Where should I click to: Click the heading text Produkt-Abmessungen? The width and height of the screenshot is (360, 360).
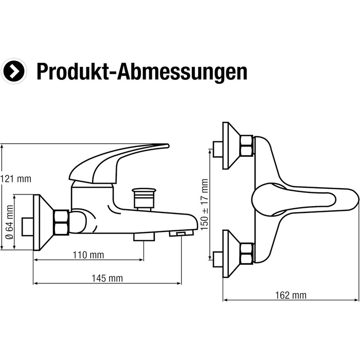pyautogui.click(x=141, y=72)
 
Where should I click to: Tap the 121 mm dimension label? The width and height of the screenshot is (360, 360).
pyautogui.click(x=16, y=179)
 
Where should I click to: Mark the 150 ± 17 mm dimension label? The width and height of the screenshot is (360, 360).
pyautogui.click(x=205, y=204)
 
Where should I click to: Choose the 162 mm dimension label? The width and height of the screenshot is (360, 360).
pyautogui.click(x=291, y=295)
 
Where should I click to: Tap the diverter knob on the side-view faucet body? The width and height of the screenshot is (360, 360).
pyautogui.click(x=144, y=197)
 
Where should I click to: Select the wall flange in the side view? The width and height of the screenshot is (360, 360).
pyautogui.click(x=43, y=222)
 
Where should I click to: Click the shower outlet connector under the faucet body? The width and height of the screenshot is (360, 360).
pyautogui.click(x=144, y=236)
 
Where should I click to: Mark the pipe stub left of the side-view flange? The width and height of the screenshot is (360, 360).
pyautogui.click(x=28, y=225)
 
